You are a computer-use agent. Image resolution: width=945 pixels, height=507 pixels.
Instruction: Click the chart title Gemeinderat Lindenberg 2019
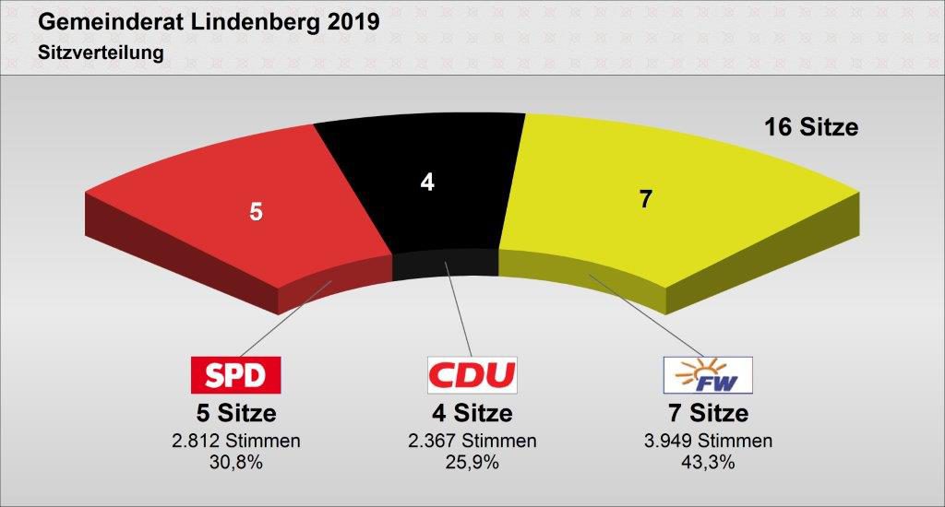[209, 22]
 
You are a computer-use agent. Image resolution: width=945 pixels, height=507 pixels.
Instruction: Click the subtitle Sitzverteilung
[101, 53]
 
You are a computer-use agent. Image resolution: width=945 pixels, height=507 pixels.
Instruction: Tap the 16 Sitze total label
[811, 127]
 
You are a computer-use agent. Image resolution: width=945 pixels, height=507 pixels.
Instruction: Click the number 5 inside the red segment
[256, 211]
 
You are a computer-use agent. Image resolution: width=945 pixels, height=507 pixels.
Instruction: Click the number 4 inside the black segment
[426, 183]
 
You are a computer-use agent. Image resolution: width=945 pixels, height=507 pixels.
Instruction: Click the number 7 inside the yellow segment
[646, 198]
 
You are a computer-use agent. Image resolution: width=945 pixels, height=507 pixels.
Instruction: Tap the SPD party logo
[234, 374]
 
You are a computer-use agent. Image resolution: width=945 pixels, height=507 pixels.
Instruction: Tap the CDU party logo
[472, 374]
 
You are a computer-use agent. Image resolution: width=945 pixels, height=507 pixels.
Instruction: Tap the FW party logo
[708, 374]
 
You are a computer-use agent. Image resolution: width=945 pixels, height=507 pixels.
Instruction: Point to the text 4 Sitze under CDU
[472, 413]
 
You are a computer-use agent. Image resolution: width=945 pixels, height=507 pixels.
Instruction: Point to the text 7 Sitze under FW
[708, 413]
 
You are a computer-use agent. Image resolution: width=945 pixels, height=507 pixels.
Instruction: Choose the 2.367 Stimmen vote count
[472, 441]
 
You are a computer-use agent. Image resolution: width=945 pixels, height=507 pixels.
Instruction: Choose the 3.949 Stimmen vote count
[708, 441]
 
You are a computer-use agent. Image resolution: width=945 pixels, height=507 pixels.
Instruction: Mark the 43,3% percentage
[708, 462]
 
